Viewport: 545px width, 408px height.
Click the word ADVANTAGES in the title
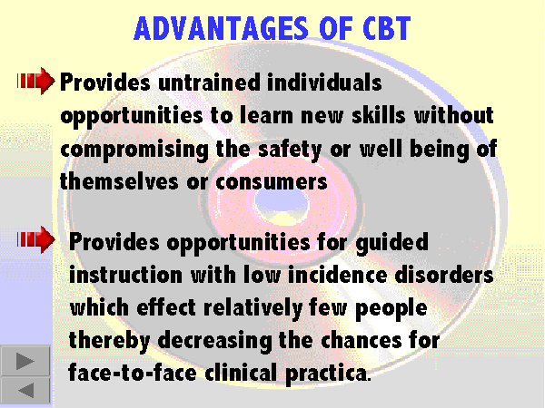pos(221,28)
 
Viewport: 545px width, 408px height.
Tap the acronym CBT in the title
pos(387,28)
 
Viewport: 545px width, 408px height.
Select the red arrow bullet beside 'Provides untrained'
pos(35,82)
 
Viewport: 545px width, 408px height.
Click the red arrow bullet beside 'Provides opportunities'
pos(35,239)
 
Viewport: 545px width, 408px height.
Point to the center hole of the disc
pos(282,201)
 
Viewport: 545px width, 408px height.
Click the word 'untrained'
pos(209,83)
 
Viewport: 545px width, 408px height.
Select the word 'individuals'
pos(324,83)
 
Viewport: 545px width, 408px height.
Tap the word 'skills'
pos(379,115)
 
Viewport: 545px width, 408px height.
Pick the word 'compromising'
pos(134,150)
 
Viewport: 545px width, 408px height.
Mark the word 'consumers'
pos(272,182)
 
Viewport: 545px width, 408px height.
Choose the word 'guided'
pos(392,243)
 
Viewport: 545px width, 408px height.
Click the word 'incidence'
pos(338,275)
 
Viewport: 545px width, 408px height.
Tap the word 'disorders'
pos(444,275)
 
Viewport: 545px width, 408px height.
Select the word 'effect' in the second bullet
pos(166,307)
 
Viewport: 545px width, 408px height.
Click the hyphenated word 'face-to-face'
pos(133,373)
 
